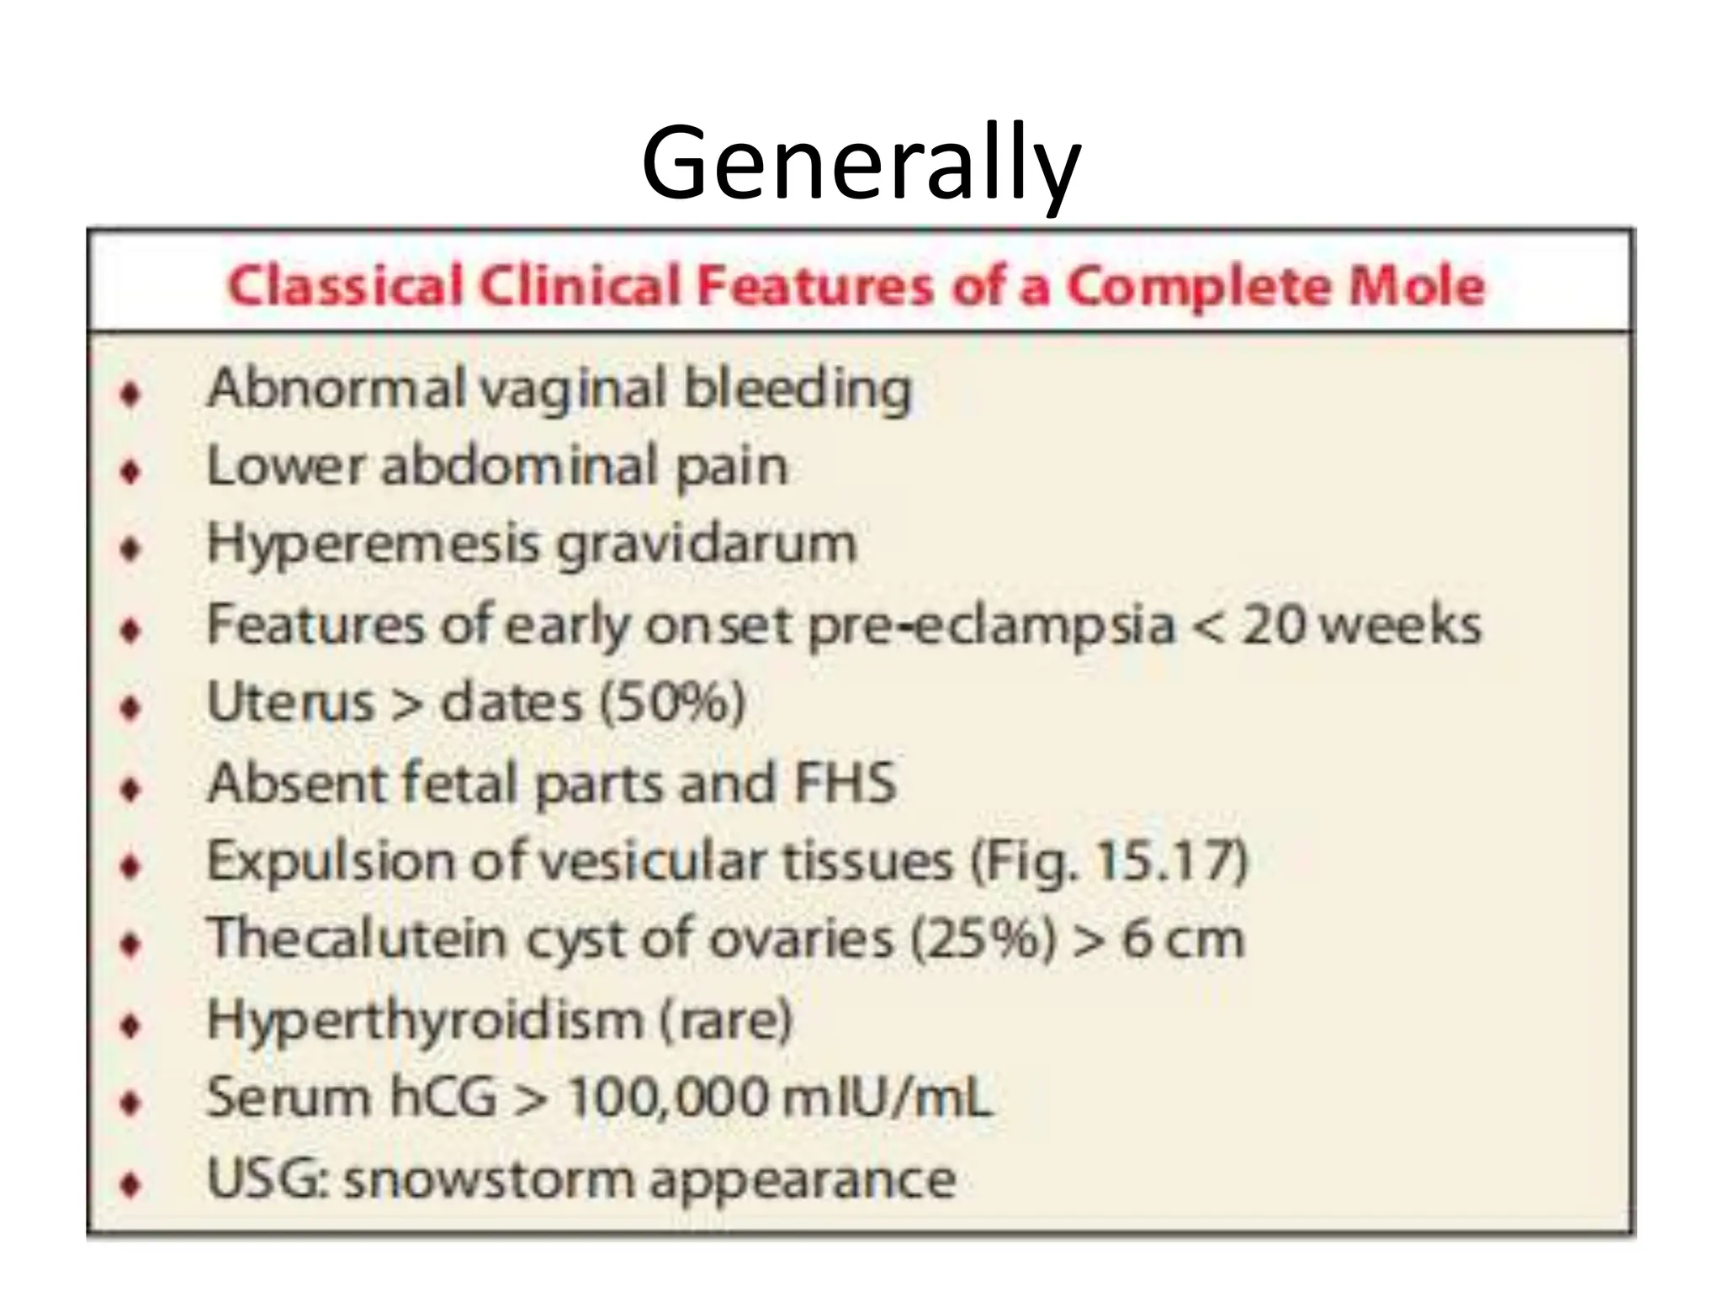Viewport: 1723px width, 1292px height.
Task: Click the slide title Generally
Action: pyautogui.click(x=860, y=164)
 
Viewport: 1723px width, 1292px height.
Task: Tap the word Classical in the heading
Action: pyautogui.click(x=345, y=287)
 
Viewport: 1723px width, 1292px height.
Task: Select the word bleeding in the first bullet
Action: pyautogui.click(x=797, y=390)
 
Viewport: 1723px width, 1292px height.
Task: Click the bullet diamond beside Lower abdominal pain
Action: pyautogui.click(x=130, y=471)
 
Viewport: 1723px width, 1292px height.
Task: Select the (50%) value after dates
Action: pyautogui.click(x=672, y=702)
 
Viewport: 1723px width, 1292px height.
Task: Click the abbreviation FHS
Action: pyautogui.click(x=846, y=782)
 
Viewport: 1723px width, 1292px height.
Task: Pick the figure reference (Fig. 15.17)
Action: pyautogui.click(x=1108, y=860)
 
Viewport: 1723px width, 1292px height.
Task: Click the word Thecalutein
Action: pyautogui.click(x=356, y=939)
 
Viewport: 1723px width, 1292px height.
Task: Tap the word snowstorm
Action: pyautogui.click(x=488, y=1178)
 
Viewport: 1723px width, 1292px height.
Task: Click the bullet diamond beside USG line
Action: pyautogui.click(x=130, y=1185)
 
